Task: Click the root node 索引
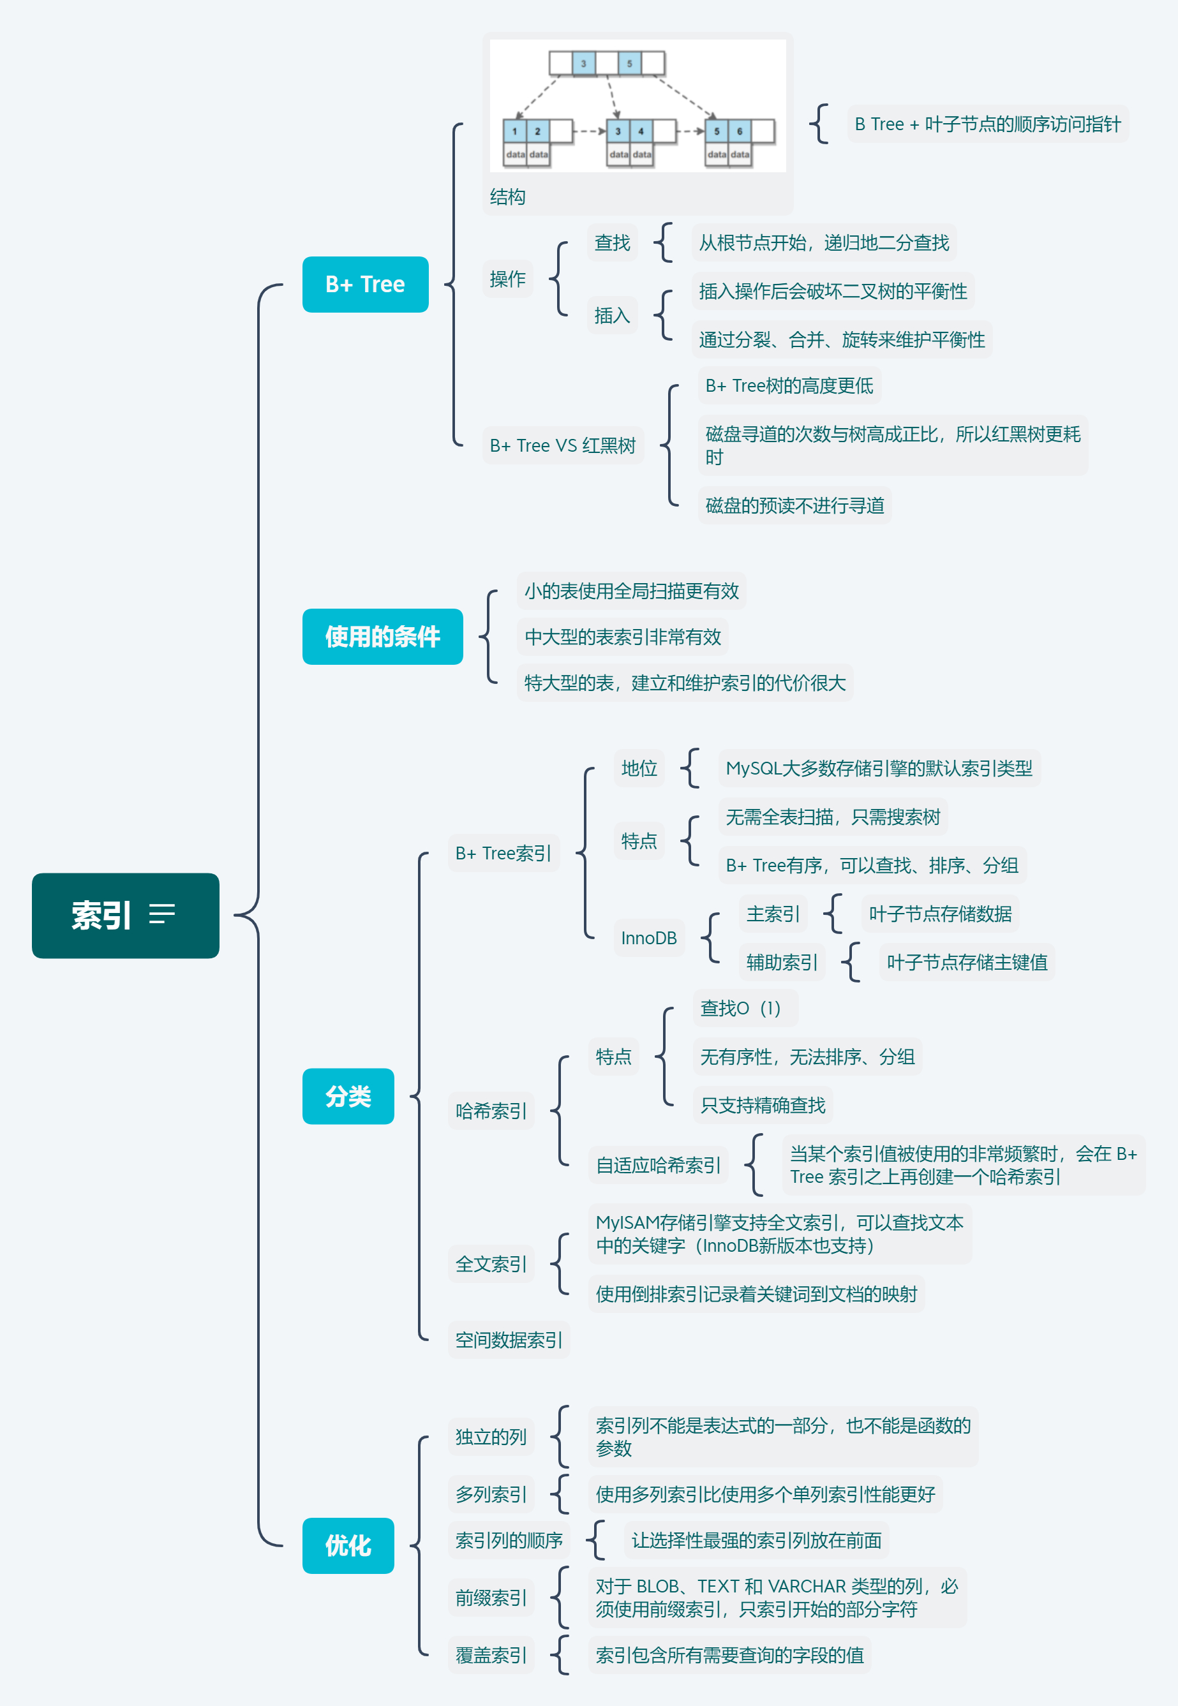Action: point(102,915)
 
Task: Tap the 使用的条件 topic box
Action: point(382,636)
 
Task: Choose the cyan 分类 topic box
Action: point(348,1096)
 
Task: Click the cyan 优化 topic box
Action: point(348,1545)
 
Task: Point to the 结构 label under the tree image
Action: point(508,197)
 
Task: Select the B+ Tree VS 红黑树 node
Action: point(562,446)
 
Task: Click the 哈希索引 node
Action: point(491,1111)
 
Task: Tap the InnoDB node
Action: point(649,938)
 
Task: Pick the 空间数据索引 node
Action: point(509,1340)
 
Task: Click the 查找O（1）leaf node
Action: point(740,1008)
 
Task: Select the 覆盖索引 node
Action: point(491,1655)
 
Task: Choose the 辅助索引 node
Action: point(782,962)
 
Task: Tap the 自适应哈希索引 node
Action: point(658,1165)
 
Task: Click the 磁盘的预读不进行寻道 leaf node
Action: point(794,505)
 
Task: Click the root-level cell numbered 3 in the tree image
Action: point(583,63)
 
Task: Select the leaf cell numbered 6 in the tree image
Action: point(740,131)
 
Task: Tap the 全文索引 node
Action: point(491,1264)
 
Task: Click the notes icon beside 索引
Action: point(161,914)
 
